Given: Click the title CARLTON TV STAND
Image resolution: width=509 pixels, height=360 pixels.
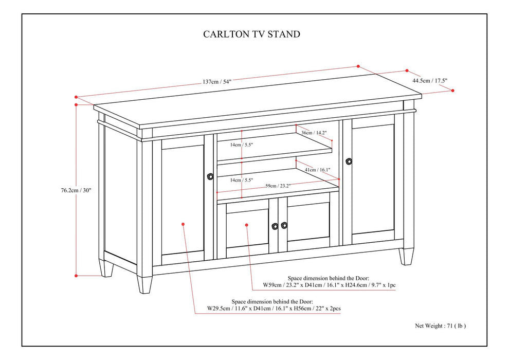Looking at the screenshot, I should (x=252, y=34).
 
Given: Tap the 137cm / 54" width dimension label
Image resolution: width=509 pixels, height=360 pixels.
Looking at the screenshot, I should (x=217, y=81).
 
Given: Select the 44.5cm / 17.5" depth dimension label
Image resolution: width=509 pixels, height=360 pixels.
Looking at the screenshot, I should (x=430, y=80).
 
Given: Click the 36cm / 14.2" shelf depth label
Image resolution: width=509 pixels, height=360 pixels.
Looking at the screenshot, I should (x=313, y=132).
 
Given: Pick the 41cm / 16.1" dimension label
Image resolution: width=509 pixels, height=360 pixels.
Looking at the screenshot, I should (x=317, y=169).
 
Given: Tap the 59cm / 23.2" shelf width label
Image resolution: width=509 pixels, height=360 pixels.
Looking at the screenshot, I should (x=279, y=186).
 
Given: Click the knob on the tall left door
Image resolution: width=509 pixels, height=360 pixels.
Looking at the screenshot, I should (x=210, y=176).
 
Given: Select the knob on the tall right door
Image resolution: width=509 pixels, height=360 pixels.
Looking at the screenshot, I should (x=349, y=161).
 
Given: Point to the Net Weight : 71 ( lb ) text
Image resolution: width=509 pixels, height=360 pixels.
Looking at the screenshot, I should (x=441, y=326).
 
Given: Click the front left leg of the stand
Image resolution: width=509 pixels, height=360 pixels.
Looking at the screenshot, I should (x=144, y=284).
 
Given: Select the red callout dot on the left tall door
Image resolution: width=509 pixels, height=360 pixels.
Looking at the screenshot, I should (x=184, y=224).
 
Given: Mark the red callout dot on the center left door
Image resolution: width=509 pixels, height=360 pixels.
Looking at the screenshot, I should (x=247, y=224).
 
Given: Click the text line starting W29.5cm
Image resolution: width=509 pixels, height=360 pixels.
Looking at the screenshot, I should (x=275, y=309).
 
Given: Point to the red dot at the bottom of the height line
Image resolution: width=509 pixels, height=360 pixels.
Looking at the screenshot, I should (x=76, y=276).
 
